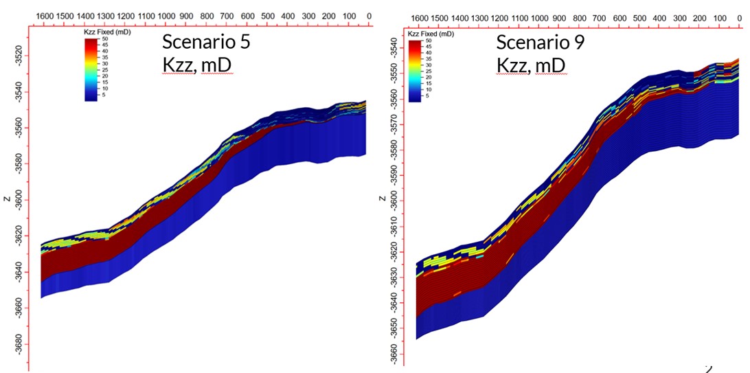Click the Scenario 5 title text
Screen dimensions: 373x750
pyautogui.click(x=205, y=41)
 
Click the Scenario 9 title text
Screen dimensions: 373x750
pyautogui.click(x=540, y=42)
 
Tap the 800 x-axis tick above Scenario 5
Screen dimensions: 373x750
pyautogui.click(x=207, y=16)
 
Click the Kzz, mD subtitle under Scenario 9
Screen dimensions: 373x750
pyautogui.click(x=531, y=65)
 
